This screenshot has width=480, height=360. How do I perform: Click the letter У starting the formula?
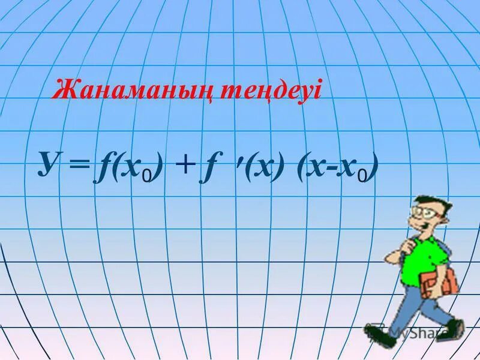[50, 163]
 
